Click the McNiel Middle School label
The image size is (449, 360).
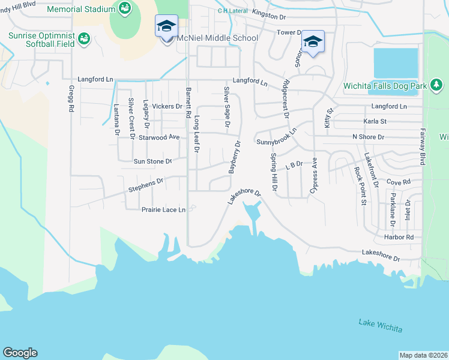point(217,38)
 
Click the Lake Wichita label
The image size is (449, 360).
point(381,326)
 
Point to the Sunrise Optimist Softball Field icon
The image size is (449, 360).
point(83,39)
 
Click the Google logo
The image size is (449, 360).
point(20,353)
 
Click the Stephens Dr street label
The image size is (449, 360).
point(145,185)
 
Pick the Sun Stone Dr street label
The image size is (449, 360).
point(152,161)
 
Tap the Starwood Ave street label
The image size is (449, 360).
point(159,137)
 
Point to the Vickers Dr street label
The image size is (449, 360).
point(167,106)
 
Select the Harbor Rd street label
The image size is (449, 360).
point(402,237)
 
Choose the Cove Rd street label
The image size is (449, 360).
point(398,181)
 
